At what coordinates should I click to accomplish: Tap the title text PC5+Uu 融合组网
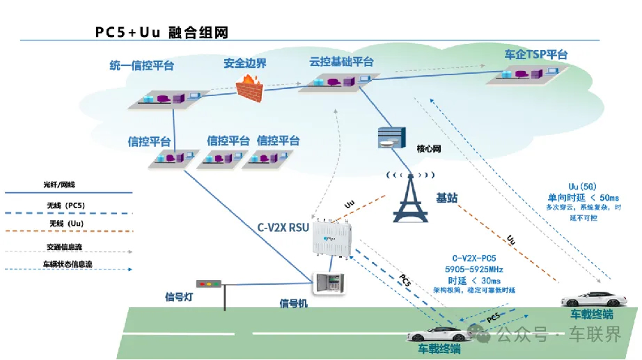[162, 33]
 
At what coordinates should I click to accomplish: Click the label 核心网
[429, 149]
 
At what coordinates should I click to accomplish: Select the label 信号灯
[179, 297]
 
